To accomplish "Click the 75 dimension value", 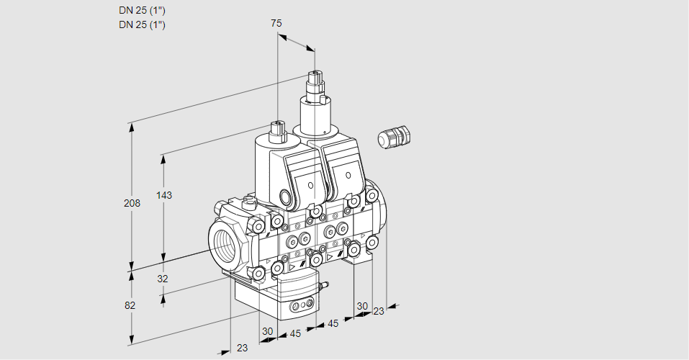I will [x=276, y=23].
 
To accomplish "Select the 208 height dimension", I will [x=132, y=203].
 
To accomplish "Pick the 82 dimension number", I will [x=130, y=305].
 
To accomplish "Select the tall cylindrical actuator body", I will [x=315, y=119].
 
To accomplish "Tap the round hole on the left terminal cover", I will [x=311, y=186].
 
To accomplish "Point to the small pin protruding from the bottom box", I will [x=323, y=287].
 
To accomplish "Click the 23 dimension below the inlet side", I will [x=242, y=348].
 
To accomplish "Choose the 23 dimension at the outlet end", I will [x=379, y=311].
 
